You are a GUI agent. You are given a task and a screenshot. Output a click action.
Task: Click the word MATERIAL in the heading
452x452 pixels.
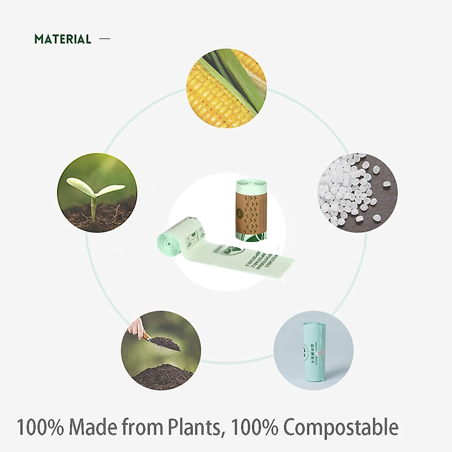tap(63, 39)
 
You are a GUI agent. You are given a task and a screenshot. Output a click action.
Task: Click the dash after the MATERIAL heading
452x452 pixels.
tap(105, 38)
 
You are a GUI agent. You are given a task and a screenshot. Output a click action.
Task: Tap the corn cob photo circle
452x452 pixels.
tap(226, 89)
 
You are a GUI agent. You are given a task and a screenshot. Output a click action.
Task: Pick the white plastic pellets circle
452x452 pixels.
tap(358, 192)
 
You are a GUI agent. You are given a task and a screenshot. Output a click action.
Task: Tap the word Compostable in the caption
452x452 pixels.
tap(341, 428)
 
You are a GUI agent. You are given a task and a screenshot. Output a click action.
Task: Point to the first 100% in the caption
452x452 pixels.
tap(41, 428)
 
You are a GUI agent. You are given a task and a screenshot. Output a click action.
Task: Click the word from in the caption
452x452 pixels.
tap(140, 428)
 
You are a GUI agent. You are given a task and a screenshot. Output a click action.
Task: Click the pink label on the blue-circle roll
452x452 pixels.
tap(321, 353)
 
